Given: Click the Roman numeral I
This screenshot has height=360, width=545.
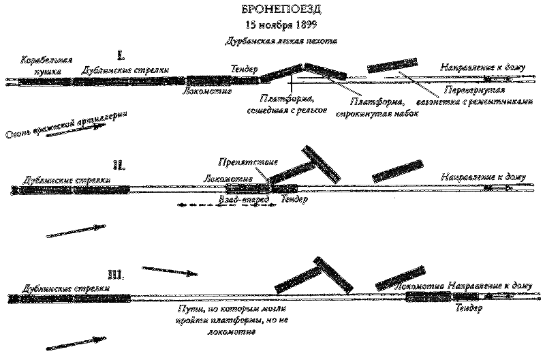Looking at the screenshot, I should pos(121,55).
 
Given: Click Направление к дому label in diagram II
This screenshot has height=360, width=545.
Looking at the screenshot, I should pos(484,177).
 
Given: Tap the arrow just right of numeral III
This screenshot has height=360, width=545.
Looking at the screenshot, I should pos(170,271).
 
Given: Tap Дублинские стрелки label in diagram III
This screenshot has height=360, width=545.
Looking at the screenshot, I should pos(61,288).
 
